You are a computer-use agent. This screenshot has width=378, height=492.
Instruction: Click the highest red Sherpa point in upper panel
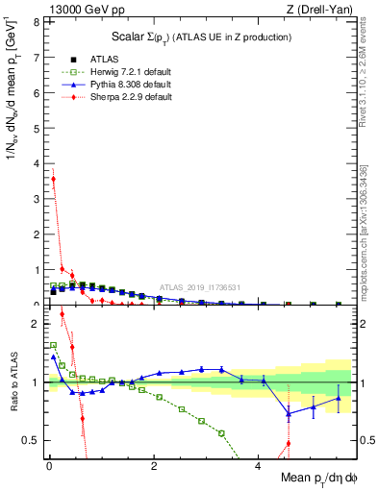click(53, 179)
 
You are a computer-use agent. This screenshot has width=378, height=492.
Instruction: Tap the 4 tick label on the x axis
click(259, 466)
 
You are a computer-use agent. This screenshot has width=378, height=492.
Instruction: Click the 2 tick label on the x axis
click(154, 466)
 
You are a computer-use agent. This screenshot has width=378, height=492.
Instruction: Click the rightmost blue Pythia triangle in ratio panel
click(338, 398)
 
